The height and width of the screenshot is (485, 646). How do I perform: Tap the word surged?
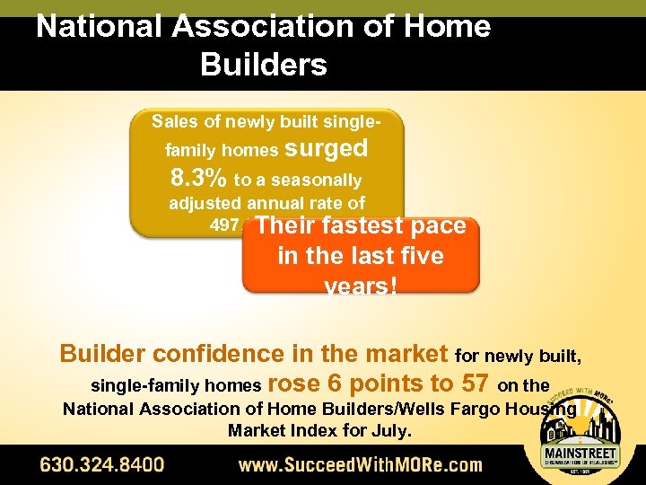point(326,148)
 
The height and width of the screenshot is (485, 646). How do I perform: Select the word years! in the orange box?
point(361,285)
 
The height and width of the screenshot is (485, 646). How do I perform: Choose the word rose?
point(295,384)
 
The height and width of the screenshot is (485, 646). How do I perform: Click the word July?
point(393,431)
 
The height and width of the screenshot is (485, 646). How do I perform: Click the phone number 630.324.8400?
point(101,465)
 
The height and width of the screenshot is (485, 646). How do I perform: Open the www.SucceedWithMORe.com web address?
point(360,465)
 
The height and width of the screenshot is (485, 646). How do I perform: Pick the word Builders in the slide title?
point(264,65)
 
